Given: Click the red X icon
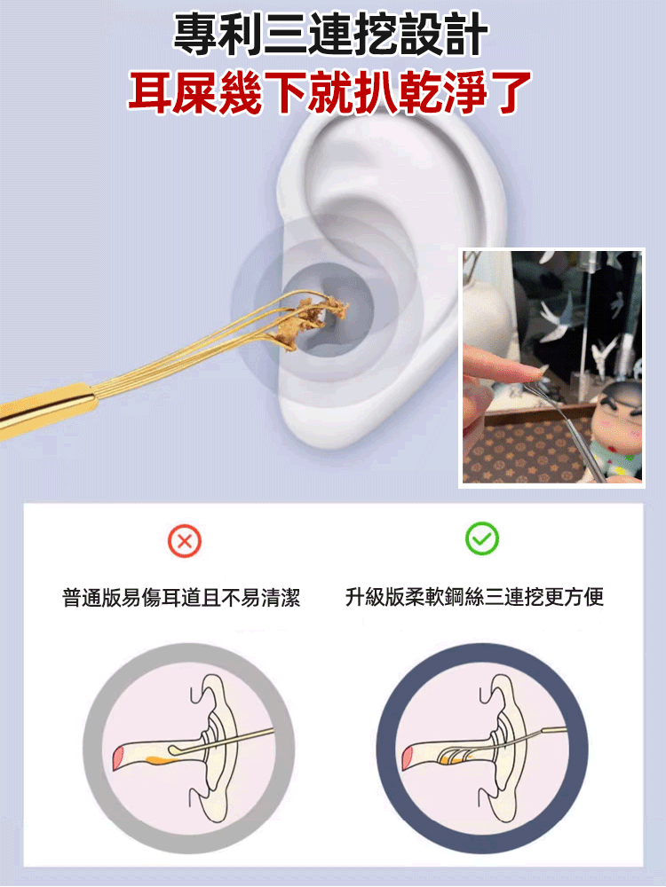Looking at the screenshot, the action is point(185,541).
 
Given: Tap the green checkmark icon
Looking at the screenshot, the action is point(482,538).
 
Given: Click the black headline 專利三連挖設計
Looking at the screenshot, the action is point(330,35).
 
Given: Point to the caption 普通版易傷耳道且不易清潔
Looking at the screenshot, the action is point(181,597).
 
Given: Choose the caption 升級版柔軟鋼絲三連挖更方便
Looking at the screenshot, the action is point(474,597).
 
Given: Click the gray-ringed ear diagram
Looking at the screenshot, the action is point(188,748).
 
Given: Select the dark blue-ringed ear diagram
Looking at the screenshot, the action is point(482,748).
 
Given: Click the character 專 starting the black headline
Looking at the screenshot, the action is point(194,35).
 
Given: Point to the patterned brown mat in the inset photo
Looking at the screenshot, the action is point(519,452).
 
